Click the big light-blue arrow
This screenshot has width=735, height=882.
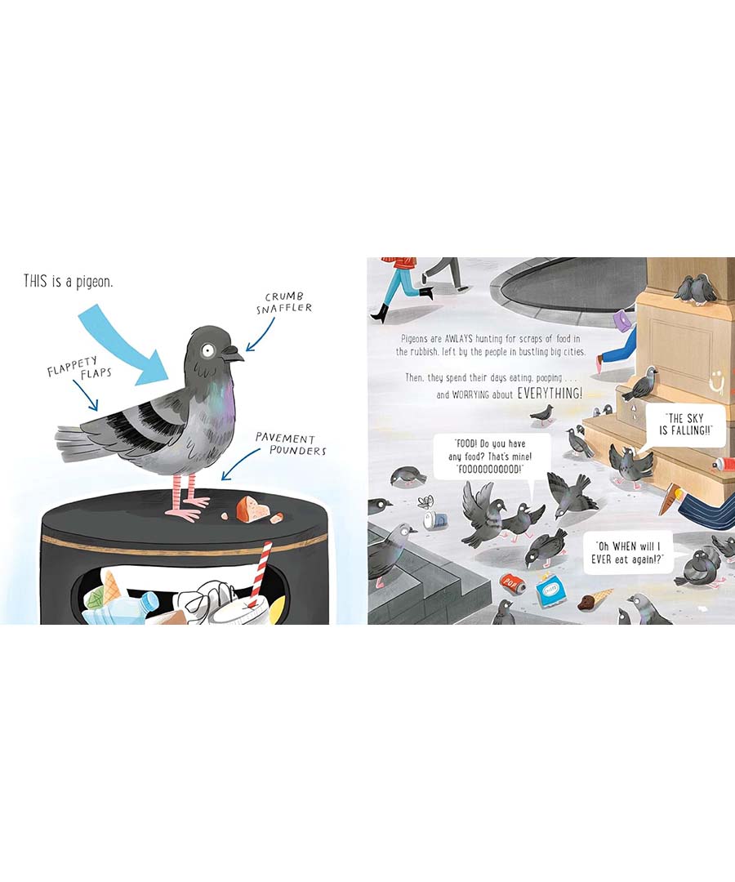[x=125, y=345]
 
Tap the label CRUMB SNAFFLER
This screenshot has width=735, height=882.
[x=284, y=303]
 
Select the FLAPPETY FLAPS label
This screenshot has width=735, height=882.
[x=78, y=367]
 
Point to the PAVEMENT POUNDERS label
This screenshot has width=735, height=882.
[x=291, y=443]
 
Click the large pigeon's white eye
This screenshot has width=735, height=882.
[x=208, y=350]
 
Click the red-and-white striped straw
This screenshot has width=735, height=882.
[x=260, y=574]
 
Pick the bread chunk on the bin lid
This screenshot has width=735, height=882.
[x=252, y=509]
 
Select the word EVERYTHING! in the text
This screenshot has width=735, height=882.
[x=550, y=393]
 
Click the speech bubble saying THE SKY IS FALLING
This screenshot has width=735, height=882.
[x=684, y=425]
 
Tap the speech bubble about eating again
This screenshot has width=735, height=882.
[x=627, y=552]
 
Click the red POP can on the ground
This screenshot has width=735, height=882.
[x=512, y=583]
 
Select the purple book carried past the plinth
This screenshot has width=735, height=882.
[x=624, y=321]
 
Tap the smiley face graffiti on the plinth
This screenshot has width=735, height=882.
[x=717, y=381]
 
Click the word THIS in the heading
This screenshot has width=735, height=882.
[x=35, y=281]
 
